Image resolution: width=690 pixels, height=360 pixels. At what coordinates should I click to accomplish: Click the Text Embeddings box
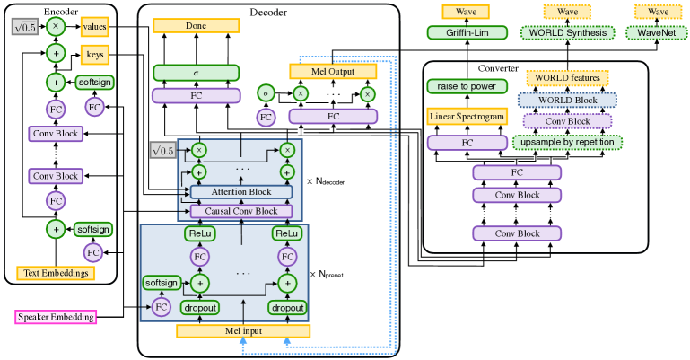click(x=56, y=272)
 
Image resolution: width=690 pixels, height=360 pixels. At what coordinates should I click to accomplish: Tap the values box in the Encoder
click(x=93, y=28)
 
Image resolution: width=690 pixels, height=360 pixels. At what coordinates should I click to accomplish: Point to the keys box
click(x=94, y=54)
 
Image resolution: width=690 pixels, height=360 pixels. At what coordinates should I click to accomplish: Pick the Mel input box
click(x=243, y=331)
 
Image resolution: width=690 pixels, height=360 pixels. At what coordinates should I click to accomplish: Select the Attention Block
click(x=240, y=193)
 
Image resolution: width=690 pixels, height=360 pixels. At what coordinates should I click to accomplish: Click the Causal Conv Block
click(x=240, y=211)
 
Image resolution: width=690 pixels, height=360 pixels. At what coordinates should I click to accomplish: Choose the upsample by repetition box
click(x=566, y=142)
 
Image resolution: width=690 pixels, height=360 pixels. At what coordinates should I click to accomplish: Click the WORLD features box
click(x=566, y=78)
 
